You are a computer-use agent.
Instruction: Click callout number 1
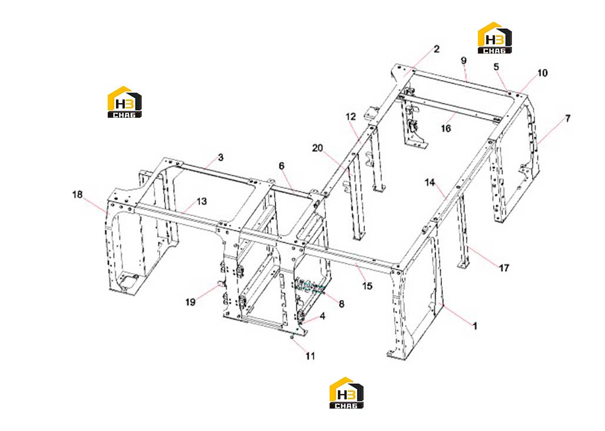click(475, 326)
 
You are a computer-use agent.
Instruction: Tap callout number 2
click(436, 49)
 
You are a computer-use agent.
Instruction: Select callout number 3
click(220, 157)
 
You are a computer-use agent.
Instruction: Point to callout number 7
click(567, 118)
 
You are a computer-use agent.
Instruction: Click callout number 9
click(463, 61)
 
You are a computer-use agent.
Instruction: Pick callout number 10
click(542, 73)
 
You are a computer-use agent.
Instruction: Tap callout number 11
click(310, 356)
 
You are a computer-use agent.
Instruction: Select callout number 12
click(351, 117)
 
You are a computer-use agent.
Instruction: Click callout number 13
click(201, 201)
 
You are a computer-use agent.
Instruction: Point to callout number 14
click(430, 182)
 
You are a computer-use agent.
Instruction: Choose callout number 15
click(367, 286)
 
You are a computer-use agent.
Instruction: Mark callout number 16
click(446, 128)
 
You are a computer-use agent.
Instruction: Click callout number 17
click(504, 268)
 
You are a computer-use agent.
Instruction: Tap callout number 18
click(77, 194)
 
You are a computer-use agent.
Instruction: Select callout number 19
click(190, 302)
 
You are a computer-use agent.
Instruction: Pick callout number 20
click(317, 148)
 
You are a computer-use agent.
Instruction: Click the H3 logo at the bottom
click(346, 393)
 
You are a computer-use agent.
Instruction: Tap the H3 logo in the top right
click(494, 38)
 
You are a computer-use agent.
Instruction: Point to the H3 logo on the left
click(124, 102)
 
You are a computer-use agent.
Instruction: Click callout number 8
click(341, 304)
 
